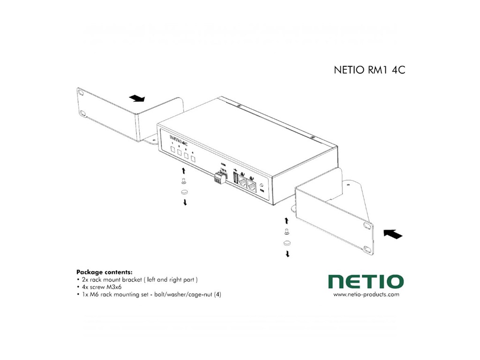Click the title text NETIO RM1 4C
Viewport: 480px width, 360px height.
point(369,71)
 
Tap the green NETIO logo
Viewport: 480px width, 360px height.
point(366,282)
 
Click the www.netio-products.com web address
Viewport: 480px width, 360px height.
point(366,295)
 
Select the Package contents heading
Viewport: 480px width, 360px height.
point(104,272)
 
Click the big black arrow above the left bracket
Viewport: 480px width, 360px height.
point(137,98)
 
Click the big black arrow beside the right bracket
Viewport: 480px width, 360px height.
point(393,233)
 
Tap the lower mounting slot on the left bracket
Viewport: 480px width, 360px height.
point(83,113)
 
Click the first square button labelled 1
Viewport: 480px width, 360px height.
point(172,150)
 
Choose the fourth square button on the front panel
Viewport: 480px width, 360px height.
point(193,158)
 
